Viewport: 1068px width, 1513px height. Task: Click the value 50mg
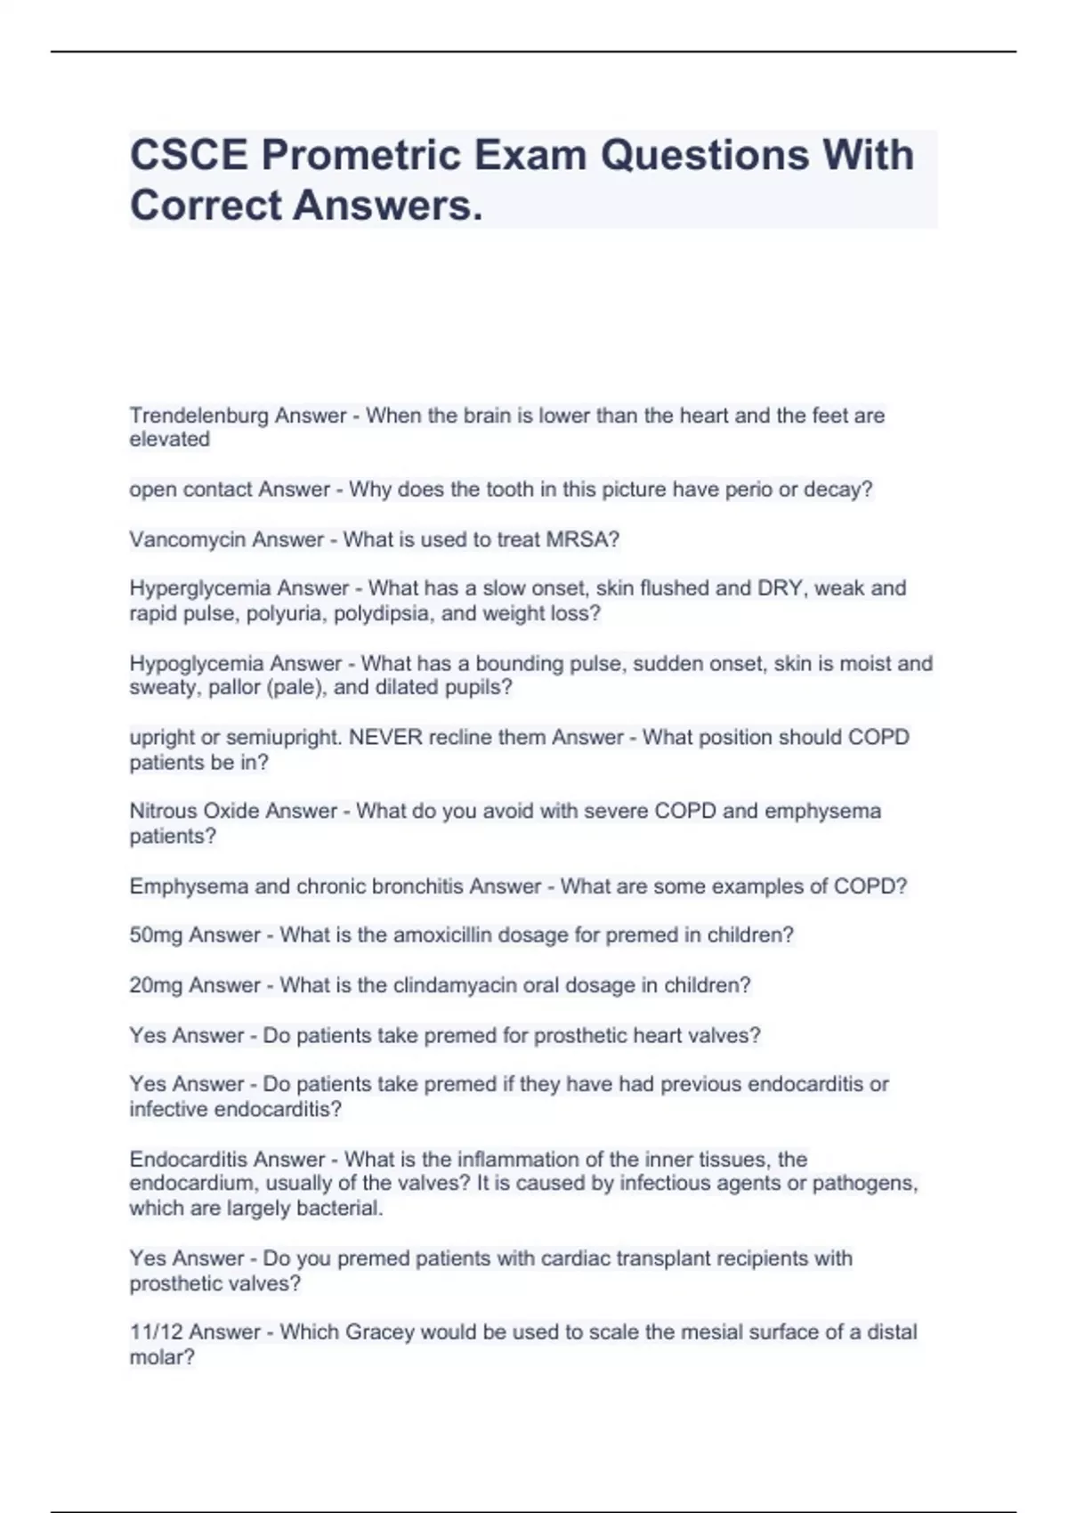tap(156, 935)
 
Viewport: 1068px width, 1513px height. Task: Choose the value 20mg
tap(156, 985)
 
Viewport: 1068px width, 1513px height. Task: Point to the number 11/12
tap(156, 1332)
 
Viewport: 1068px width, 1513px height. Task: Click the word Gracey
tap(379, 1332)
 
